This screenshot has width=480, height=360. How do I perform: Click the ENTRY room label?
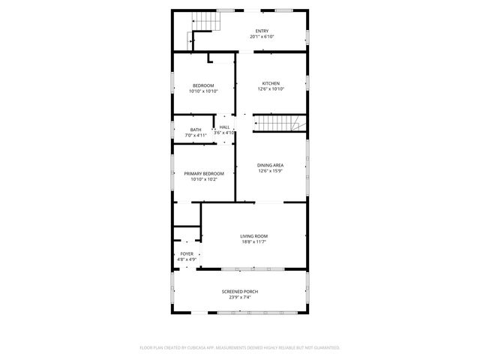point(262,31)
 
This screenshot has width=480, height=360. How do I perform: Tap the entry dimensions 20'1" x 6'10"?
point(262,37)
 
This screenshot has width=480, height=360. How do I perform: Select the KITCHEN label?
point(271,82)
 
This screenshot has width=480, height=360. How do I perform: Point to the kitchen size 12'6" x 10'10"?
point(271,89)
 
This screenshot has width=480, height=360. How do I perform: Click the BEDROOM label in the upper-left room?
point(203,85)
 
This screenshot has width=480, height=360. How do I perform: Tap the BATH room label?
point(195,130)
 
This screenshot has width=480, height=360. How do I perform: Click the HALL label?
point(225,127)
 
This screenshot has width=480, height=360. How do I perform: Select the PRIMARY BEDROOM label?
point(203,173)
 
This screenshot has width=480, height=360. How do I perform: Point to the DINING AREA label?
point(271,164)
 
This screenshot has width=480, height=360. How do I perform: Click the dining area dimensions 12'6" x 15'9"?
point(271,171)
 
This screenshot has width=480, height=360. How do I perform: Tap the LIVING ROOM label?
point(253,236)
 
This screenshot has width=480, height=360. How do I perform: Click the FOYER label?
point(187,254)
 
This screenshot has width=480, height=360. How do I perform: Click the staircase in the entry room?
point(205,25)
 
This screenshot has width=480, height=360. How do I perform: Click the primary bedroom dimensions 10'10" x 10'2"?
point(203,180)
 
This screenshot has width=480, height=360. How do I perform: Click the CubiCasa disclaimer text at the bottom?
point(240,348)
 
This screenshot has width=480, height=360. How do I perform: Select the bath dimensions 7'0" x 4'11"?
point(195,136)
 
